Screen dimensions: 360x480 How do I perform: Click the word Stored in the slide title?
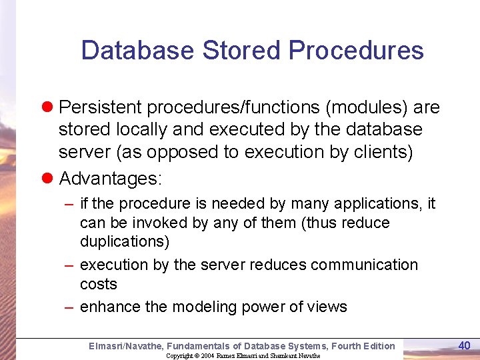[x=240, y=51]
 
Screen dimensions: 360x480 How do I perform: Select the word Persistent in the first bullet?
[x=101, y=107]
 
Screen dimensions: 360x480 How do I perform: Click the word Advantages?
[x=111, y=178]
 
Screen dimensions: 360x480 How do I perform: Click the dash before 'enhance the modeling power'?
[x=69, y=307]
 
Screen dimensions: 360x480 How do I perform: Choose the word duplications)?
[x=125, y=241]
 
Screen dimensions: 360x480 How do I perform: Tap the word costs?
[x=98, y=284]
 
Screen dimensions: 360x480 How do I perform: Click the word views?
[x=328, y=307]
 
